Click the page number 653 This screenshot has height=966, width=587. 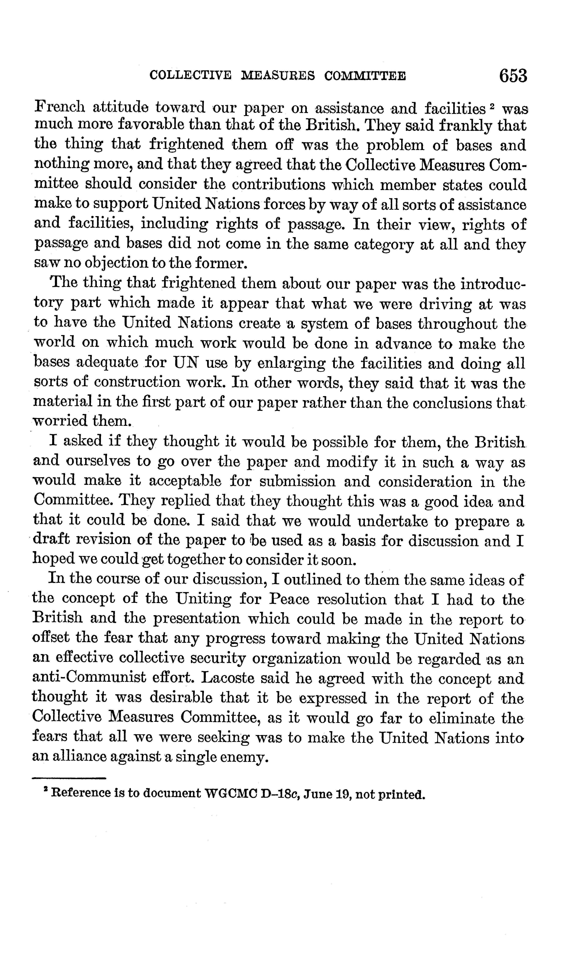pyautogui.click(x=513, y=75)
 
